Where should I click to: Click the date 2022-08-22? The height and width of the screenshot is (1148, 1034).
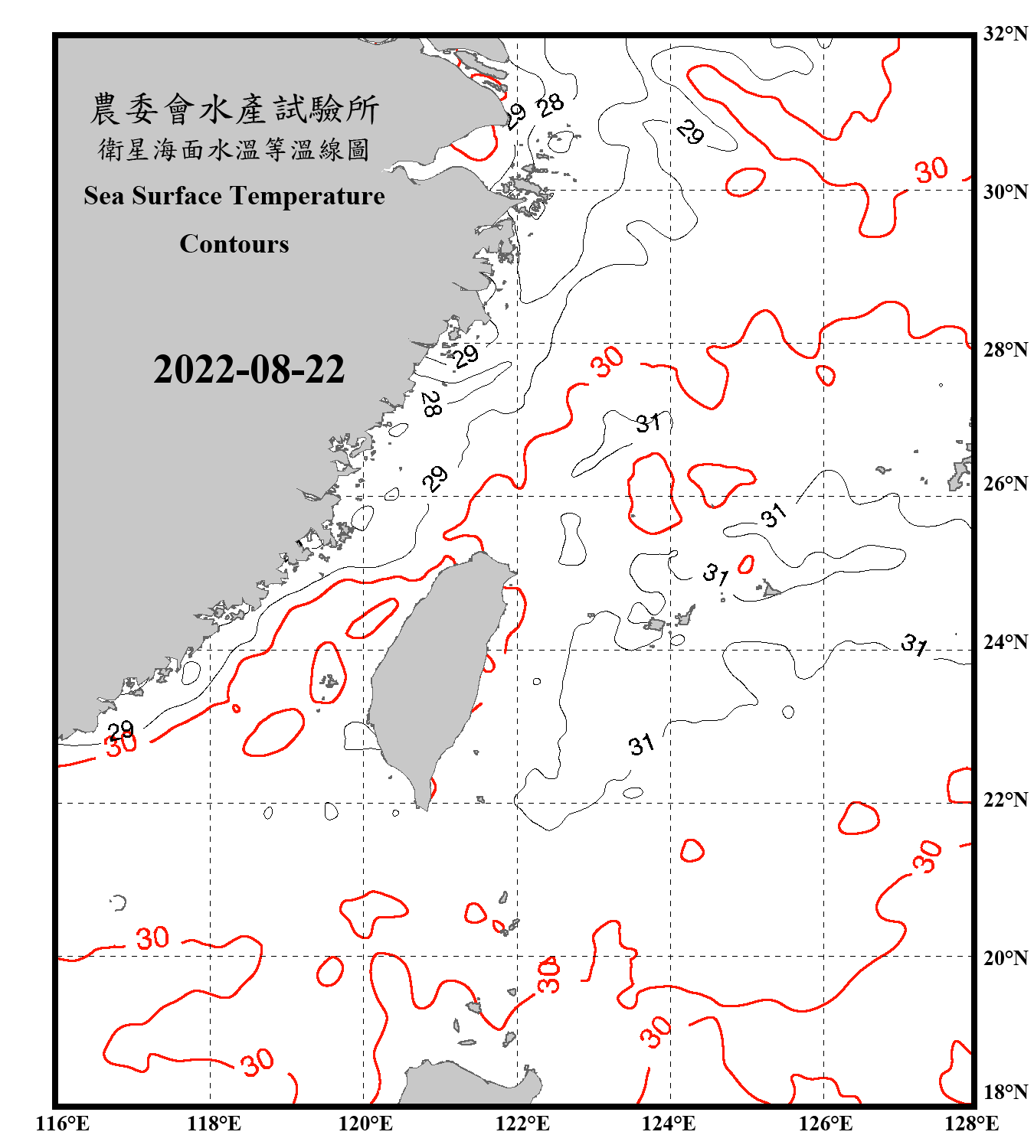click(249, 370)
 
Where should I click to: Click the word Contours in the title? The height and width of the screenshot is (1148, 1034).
click(234, 244)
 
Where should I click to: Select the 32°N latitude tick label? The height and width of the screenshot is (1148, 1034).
click(1005, 34)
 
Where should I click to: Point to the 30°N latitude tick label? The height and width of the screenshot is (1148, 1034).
click(1005, 192)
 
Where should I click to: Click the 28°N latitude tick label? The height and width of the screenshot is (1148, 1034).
click(1005, 350)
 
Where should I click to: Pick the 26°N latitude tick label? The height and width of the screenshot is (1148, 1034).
click(1005, 484)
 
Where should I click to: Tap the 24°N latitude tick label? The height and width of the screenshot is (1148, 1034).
click(1005, 642)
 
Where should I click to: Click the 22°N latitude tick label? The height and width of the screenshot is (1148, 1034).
click(1005, 800)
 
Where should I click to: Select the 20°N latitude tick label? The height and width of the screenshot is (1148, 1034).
click(1005, 957)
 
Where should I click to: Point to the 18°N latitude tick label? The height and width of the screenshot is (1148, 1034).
click(1005, 1092)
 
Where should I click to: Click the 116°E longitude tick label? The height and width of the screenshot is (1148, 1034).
click(63, 1124)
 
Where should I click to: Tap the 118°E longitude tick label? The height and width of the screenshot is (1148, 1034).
click(214, 1124)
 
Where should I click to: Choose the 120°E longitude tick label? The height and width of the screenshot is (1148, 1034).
click(365, 1124)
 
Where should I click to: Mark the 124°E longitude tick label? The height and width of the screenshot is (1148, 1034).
click(669, 1124)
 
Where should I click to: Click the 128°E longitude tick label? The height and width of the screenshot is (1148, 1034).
click(972, 1124)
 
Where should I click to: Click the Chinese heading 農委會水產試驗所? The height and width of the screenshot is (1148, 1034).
click(234, 109)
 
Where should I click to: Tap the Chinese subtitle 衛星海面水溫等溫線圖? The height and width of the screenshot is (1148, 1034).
click(234, 149)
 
